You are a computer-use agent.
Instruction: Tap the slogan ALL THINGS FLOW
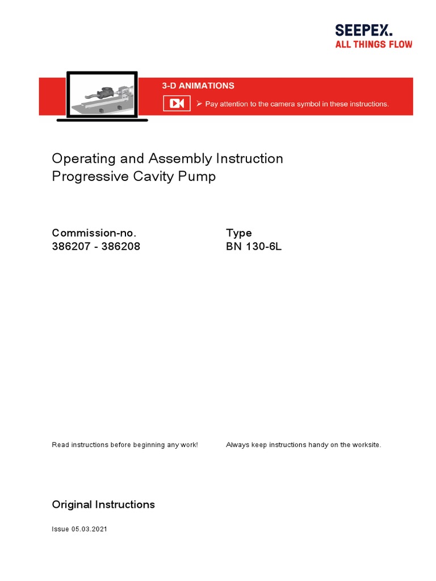(374, 44)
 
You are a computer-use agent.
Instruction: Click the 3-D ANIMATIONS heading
(198, 86)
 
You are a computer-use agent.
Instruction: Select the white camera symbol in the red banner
(177, 103)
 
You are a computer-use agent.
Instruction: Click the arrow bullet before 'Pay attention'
(199, 103)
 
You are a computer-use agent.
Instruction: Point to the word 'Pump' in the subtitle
(199, 176)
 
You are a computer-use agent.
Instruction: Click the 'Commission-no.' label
(94, 233)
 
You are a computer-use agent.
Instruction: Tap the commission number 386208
(120, 247)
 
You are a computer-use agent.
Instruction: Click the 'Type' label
(238, 233)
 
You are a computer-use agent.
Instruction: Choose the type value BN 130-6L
(254, 247)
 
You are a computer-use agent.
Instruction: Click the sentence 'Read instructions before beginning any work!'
(125, 445)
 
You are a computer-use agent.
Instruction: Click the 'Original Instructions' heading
(103, 504)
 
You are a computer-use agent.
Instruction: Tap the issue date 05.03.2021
(89, 529)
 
